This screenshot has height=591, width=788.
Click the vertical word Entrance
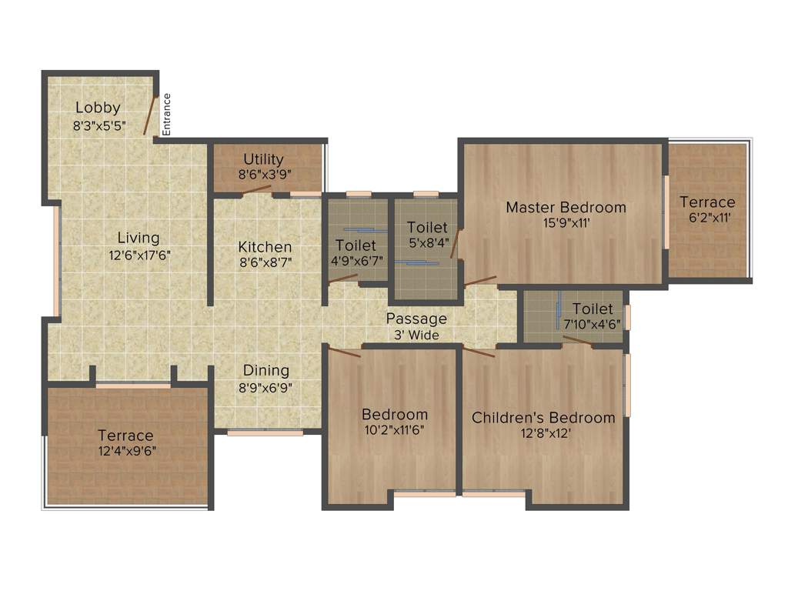pos(167,114)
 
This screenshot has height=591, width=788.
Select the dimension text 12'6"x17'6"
pos(139,255)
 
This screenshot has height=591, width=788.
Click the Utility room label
pos(263,159)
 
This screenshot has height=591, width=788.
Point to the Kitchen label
pos(265,247)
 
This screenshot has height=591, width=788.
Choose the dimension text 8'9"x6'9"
pos(266,387)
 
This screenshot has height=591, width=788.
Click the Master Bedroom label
pos(566,207)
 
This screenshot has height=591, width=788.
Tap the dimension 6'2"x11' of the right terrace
pos(707,219)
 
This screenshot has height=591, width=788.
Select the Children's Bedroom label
pos(543,418)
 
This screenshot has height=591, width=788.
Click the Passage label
pos(416,319)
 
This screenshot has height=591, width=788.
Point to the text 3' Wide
pos(416,335)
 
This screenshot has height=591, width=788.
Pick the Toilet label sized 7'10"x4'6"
pos(593,309)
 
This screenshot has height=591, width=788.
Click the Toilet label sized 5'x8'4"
pos(427,227)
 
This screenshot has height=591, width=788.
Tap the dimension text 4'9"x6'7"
pos(356,262)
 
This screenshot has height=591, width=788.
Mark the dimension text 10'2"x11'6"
pos(395,431)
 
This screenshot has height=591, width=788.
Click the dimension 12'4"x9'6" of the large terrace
pos(125,452)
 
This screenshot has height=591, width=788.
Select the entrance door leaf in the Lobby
pos(151,115)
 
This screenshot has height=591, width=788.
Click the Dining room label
pos(266,370)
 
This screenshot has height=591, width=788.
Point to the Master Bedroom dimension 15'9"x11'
pos(566,224)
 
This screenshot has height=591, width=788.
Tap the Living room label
pos(139,238)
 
